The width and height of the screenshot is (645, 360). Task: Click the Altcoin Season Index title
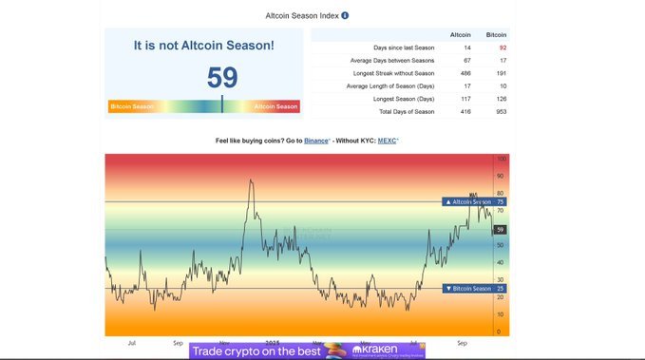click(x=301, y=15)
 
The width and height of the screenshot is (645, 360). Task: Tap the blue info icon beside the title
click(x=345, y=15)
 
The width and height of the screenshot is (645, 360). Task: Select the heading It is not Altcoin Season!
click(x=203, y=45)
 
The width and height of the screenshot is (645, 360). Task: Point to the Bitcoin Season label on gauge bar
click(x=131, y=106)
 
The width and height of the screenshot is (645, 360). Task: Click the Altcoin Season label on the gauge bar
click(x=276, y=106)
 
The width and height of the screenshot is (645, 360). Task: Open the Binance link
click(x=316, y=140)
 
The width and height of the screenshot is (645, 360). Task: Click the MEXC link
click(x=387, y=140)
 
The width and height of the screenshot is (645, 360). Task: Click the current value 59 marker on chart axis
click(x=501, y=230)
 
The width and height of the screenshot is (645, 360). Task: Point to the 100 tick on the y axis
click(x=501, y=160)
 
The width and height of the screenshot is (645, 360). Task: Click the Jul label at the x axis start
click(x=131, y=342)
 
